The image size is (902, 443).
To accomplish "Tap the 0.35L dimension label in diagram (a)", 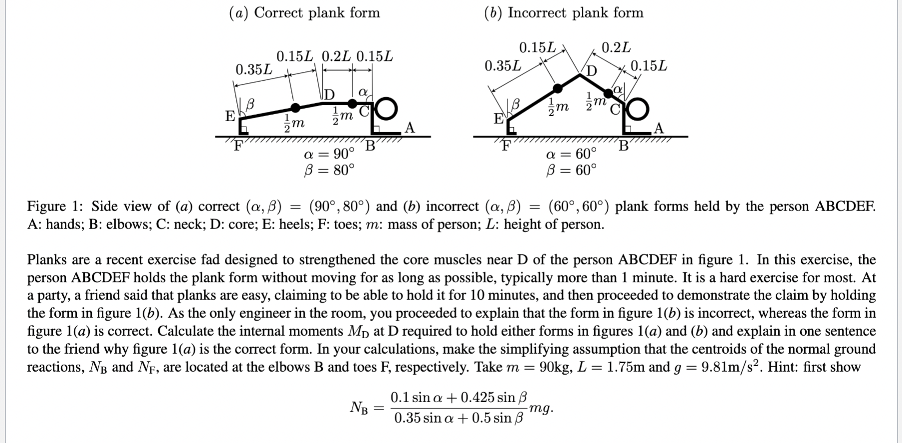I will pos(254,69).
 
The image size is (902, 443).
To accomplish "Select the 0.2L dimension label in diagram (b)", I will pos(616,48).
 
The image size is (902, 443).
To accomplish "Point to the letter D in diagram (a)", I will pos(330,94).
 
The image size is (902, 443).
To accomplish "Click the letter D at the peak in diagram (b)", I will pos(591,71).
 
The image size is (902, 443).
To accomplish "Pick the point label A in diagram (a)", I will pos(410,128).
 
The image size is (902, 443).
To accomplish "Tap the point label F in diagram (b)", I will pos(506,146).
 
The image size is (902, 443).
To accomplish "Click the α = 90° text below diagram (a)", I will pos(329,153).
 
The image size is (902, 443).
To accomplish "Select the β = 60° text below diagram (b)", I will pos(571,171).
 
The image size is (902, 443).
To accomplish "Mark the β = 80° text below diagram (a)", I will pos(329,171).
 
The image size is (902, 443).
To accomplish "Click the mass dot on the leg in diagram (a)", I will pos(295,107).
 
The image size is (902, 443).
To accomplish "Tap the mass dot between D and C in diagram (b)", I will pos(608,94).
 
